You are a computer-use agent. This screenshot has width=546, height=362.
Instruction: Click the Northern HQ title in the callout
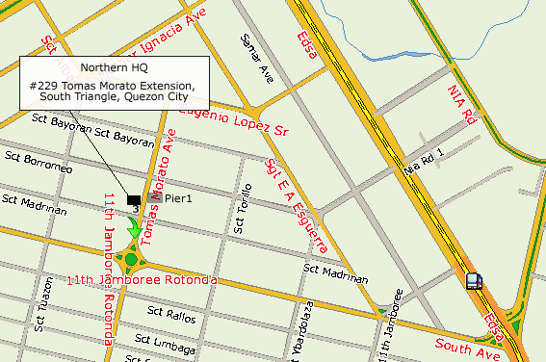pyautogui.click(x=114, y=68)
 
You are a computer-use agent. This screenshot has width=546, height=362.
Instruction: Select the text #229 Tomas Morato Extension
pyautogui.click(x=113, y=86)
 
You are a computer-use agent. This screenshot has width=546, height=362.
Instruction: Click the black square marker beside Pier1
pyautogui.click(x=133, y=197)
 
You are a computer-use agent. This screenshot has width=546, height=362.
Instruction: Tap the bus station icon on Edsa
pyautogui.click(x=474, y=281)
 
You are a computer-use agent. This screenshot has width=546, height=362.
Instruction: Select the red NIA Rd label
pyautogui.click(x=463, y=106)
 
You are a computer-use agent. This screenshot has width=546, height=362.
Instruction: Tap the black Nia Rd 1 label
pyautogui.click(x=426, y=160)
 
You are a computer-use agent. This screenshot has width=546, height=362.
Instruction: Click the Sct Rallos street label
pyautogui.click(x=171, y=314)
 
